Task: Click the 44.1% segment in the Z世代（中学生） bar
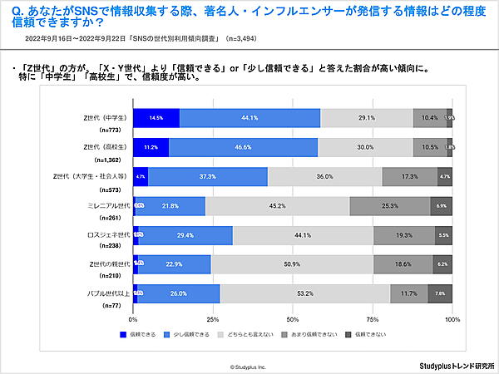point(249,119)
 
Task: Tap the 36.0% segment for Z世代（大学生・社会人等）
point(324,176)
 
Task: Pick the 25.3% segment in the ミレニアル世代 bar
point(390,205)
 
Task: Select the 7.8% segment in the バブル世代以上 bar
point(440,293)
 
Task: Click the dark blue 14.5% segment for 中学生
point(156,119)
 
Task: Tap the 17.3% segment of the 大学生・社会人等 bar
point(410,176)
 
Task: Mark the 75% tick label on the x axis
point(373,318)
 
